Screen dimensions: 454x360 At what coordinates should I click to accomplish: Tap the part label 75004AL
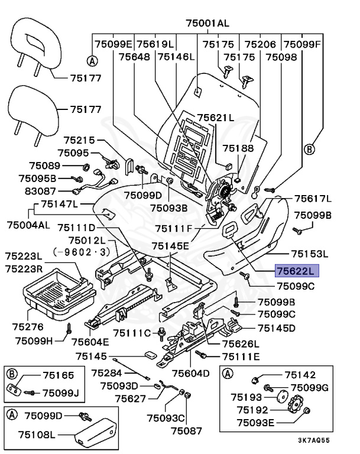tap(29, 225)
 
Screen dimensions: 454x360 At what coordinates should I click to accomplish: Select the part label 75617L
tap(313, 199)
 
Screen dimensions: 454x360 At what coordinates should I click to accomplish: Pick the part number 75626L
tap(241, 344)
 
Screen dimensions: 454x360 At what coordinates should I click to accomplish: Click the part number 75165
tap(58, 375)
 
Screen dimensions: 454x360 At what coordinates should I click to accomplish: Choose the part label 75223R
tap(24, 268)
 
